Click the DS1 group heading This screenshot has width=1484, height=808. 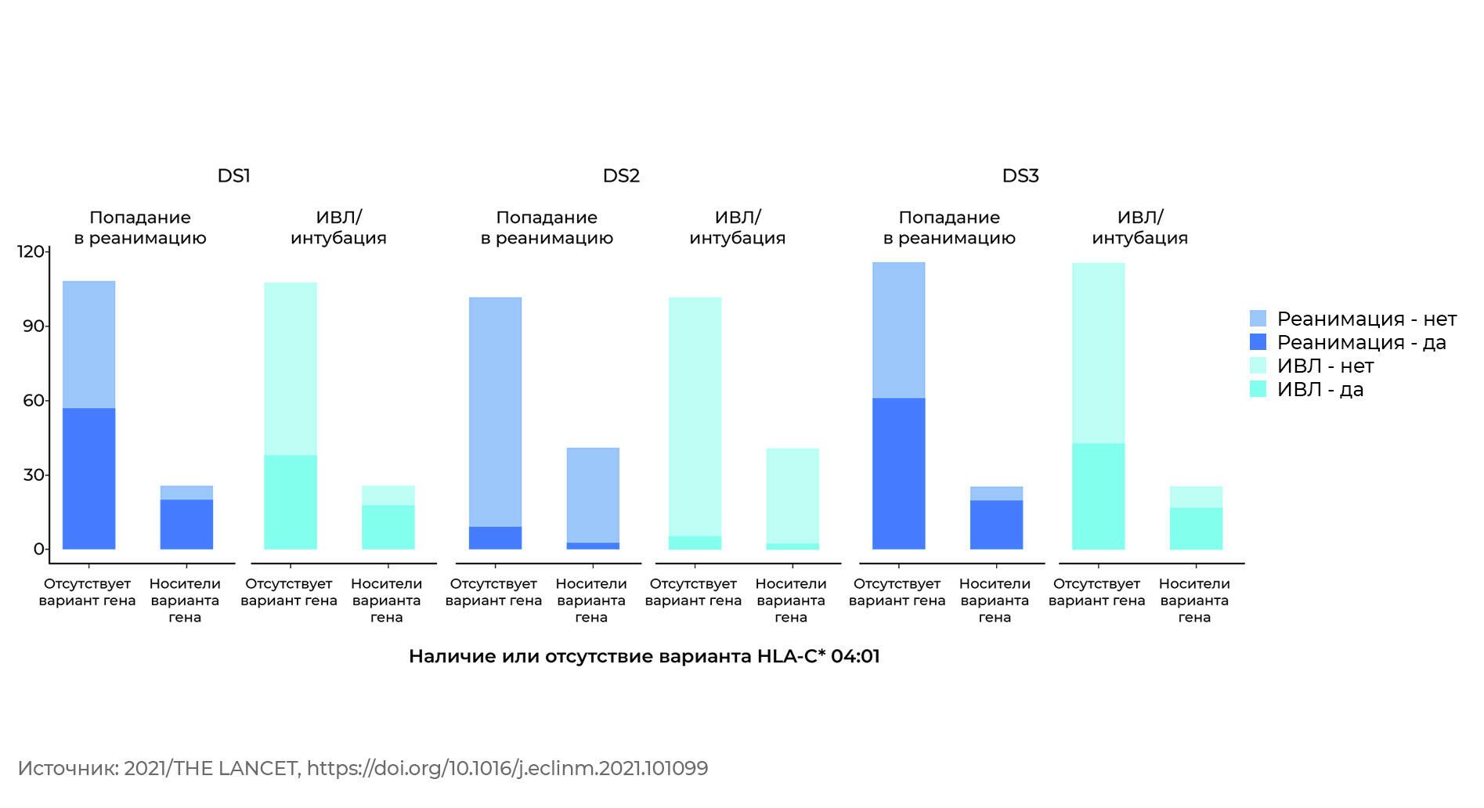[x=233, y=175]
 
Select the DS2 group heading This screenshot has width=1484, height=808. [x=621, y=175]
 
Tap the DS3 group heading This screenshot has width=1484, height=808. [x=1020, y=175]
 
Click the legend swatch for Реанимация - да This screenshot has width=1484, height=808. [x=1258, y=342]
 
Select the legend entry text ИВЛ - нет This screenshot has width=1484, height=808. [x=1325, y=366]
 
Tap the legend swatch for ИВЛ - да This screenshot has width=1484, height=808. [x=1258, y=389]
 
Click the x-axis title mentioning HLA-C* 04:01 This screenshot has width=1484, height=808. [x=645, y=656]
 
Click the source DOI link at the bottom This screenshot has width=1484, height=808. [x=507, y=768]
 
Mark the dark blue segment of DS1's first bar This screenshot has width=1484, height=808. [x=88, y=478]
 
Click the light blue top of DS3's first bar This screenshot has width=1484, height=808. [x=898, y=330]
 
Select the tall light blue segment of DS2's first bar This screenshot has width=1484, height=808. [x=495, y=412]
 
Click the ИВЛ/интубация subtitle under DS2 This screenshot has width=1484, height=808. [x=737, y=227]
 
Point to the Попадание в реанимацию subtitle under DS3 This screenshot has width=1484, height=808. [x=949, y=227]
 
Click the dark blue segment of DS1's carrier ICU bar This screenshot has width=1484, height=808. [x=186, y=524]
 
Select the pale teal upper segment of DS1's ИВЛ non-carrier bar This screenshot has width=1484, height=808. [x=291, y=369]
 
